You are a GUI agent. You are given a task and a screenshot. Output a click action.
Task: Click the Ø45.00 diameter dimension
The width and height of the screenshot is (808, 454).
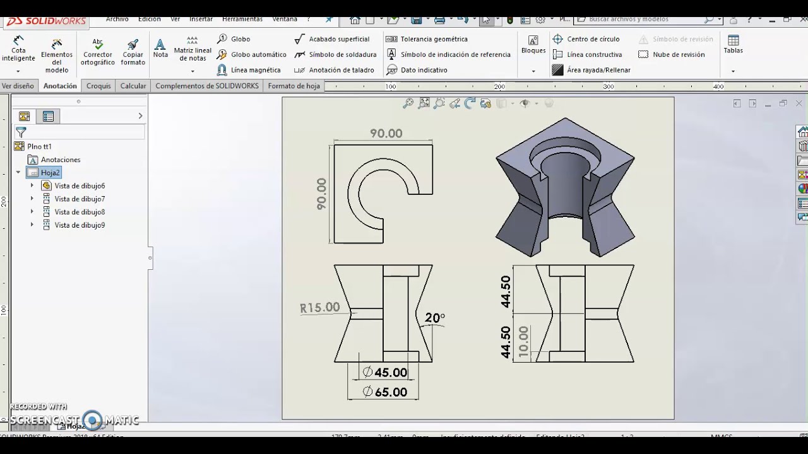(x=384, y=373)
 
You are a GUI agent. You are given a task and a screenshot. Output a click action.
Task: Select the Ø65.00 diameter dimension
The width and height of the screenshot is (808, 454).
(x=384, y=392)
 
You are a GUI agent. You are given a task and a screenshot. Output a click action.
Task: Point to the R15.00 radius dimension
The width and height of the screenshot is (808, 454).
(x=320, y=308)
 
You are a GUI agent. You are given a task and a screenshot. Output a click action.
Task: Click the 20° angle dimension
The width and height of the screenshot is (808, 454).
(x=434, y=318)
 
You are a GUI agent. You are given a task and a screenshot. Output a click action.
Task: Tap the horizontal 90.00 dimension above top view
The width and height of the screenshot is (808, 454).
(x=386, y=134)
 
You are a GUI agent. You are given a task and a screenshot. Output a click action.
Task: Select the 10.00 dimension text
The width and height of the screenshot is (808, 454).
(x=523, y=342)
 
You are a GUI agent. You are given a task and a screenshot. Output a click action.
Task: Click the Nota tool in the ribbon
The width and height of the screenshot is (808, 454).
(x=160, y=49)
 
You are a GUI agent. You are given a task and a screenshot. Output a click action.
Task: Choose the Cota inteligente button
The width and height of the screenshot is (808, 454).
(x=18, y=49)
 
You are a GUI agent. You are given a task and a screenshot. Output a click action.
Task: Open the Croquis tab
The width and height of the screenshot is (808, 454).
(x=98, y=86)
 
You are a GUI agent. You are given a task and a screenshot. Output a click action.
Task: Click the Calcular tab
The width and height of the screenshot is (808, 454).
(x=133, y=86)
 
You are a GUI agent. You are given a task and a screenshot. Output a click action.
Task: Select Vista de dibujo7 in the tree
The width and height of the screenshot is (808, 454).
(x=80, y=199)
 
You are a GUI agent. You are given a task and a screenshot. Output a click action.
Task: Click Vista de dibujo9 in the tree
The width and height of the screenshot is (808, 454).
(x=80, y=225)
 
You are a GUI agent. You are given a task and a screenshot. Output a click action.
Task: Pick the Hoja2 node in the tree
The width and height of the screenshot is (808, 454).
(x=50, y=173)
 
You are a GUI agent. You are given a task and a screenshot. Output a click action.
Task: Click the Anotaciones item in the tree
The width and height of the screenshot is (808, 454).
(x=61, y=160)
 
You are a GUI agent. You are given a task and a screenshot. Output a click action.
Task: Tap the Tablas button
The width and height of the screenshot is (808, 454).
(x=733, y=45)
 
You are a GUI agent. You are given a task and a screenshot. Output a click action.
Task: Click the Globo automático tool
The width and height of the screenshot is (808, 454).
(x=258, y=55)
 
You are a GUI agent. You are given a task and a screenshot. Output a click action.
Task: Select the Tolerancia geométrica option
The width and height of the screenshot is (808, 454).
(x=433, y=39)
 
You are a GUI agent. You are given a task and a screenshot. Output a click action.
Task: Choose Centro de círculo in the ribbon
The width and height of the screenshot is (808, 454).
(x=593, y=39)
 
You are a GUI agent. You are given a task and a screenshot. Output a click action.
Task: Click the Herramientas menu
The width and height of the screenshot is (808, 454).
(x=243, y=19)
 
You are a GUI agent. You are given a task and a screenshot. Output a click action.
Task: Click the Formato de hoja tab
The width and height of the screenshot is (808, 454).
(x=294, y=86)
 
